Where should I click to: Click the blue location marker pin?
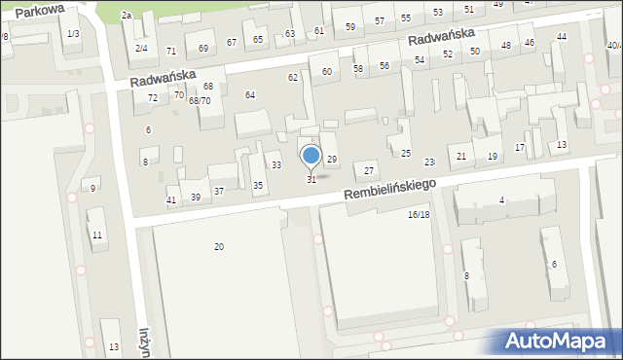click(311, 157)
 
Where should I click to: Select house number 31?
click(311, 180)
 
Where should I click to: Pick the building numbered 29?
click(331, 159)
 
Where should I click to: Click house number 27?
click(369, 170)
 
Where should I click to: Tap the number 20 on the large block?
click(219, 247)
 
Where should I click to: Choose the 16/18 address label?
click(419, 214)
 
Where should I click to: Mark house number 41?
click(171, 199)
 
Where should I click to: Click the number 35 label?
click(258, 185)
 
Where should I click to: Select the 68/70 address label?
click(200, 100)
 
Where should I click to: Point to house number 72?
click(152, 98)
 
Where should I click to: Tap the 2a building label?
click(126, 16)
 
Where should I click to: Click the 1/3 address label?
click(72, 34)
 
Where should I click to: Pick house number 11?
click(97, 235)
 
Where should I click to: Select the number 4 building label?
click(502, 200)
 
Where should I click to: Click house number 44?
click(561, 37)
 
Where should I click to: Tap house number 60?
click(327, 72)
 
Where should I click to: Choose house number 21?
click(461, 157)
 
